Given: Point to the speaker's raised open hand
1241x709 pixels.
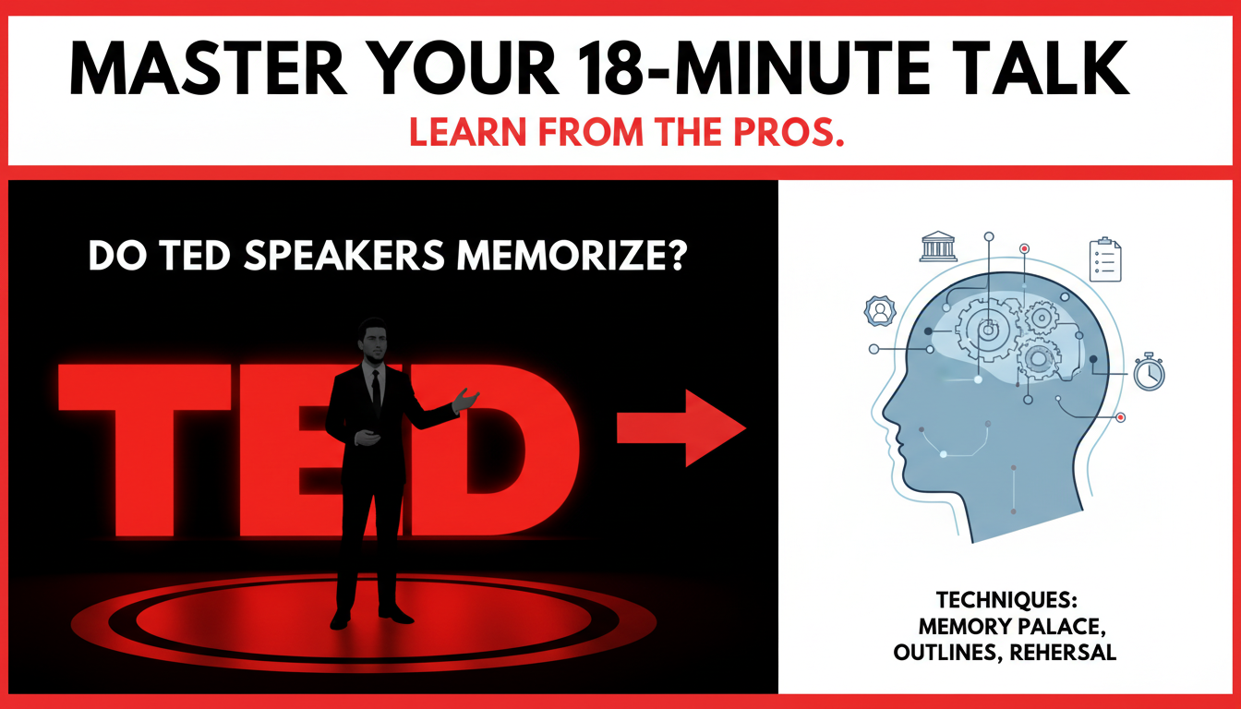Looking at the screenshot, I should [466, 399].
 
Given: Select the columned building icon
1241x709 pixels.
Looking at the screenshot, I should [938, 247].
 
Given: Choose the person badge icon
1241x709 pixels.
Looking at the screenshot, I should [878, 311].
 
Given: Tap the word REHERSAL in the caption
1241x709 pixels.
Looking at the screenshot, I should [1065, 653].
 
